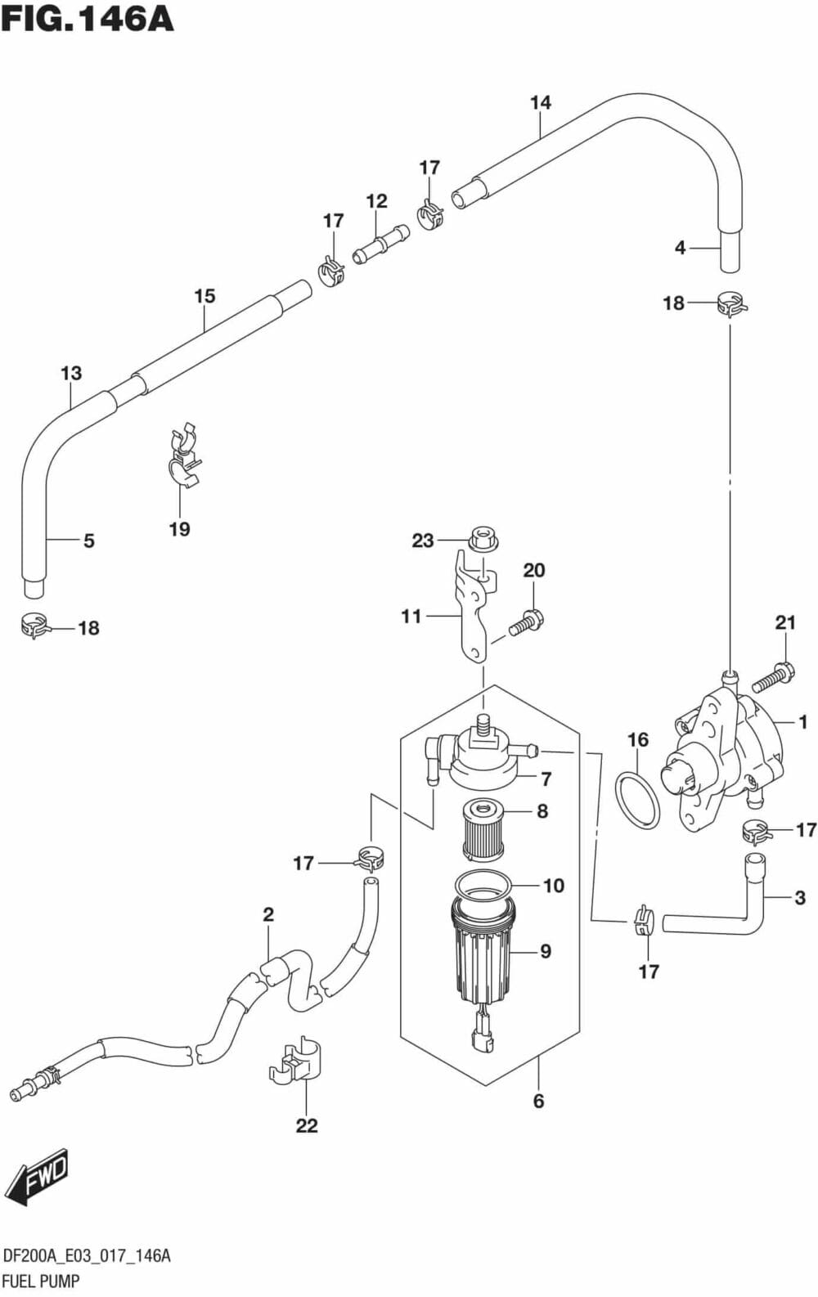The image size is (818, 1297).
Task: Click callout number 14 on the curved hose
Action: [541, 103]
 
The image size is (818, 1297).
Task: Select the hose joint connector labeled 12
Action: [380, 245]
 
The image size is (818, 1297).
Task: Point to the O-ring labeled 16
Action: [637, 799]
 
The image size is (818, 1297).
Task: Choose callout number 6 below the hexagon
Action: [538, 1101]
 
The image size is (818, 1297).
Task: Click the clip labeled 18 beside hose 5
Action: [34, 626]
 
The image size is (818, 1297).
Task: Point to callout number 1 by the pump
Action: [802, 721]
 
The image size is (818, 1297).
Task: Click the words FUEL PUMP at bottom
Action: [40, 1281]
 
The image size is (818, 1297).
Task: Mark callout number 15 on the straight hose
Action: [204, 295]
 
